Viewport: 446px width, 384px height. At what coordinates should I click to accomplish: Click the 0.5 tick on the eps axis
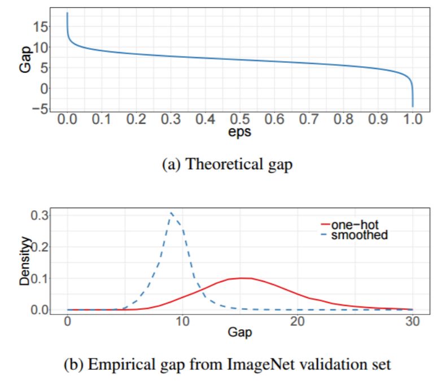tap(240, 120)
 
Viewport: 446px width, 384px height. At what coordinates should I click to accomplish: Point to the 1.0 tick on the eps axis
tap(413, 120)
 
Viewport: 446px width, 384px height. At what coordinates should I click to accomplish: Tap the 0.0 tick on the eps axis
tap(67, 120)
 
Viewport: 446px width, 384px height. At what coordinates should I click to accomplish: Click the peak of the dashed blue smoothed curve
tap(172, 213)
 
